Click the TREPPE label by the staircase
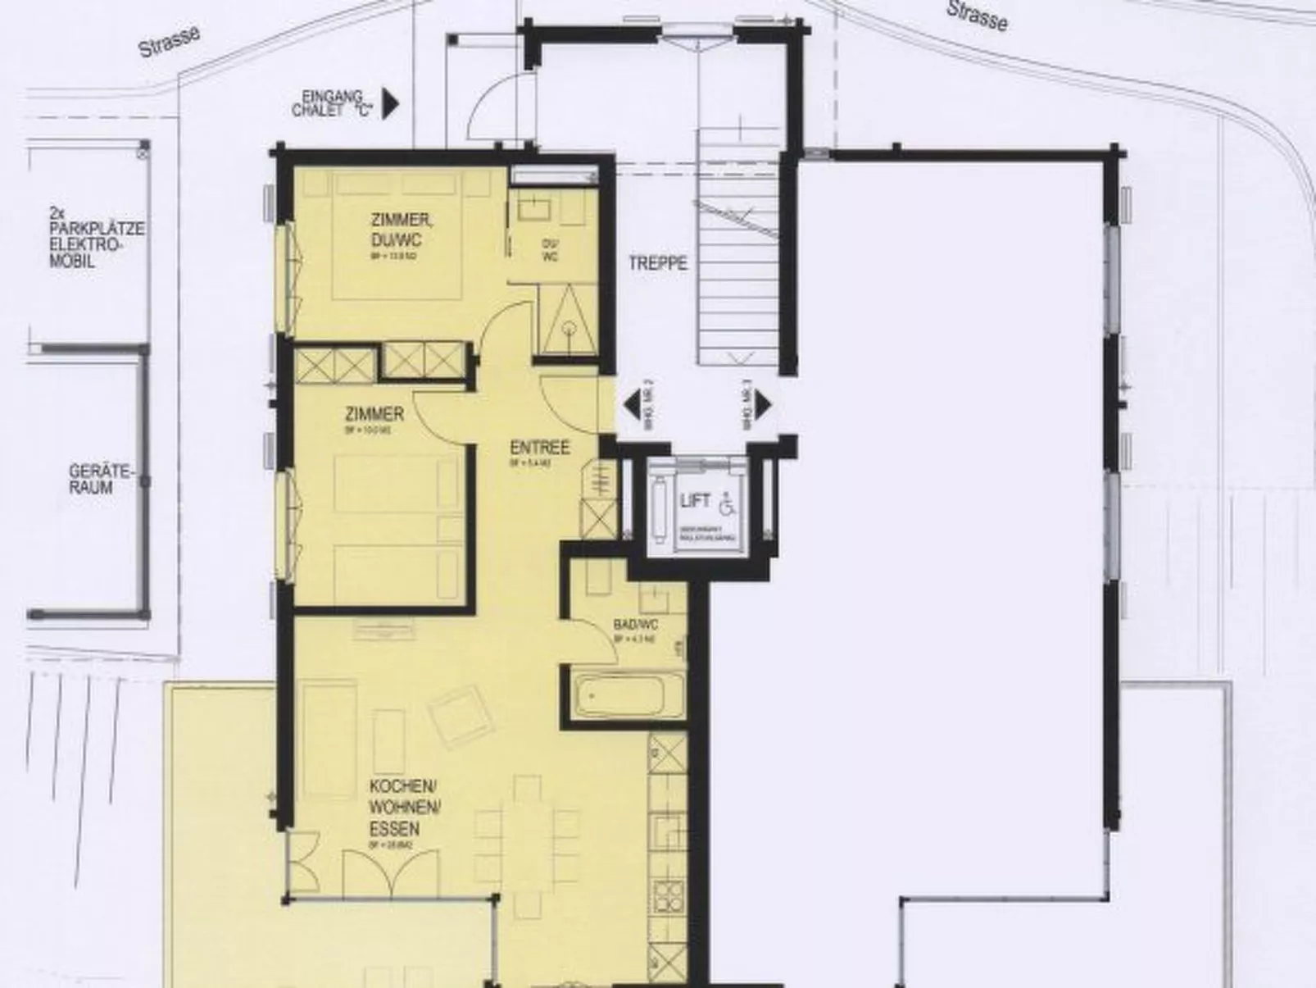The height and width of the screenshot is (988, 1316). coord(658,264)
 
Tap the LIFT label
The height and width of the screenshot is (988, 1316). coord(695,500)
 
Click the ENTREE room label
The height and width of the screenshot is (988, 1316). coord(539,448)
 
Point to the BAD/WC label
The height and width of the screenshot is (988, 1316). coord(636,625)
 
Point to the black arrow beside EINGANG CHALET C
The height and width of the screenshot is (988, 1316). coord(391,103)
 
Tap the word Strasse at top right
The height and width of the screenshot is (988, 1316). coord(977,16)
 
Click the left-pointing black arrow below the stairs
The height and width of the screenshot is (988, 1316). coord(633,404)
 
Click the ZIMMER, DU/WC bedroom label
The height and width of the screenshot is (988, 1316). coord(401,230)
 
